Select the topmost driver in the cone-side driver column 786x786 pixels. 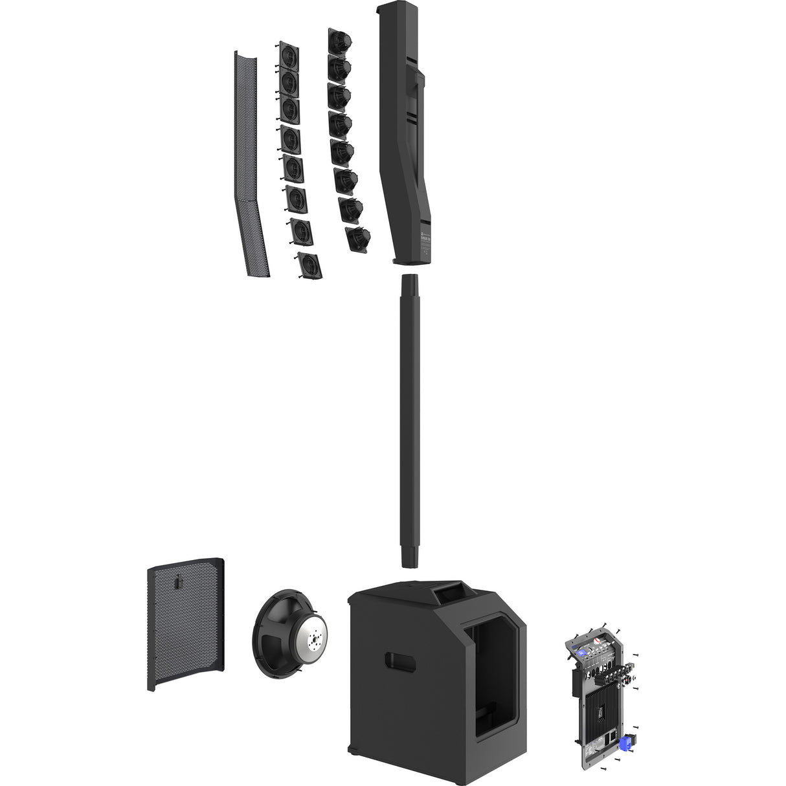(x=339, y=42)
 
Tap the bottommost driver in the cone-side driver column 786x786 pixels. (x=357, y=238)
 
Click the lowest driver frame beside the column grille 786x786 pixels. (x=308, y=265)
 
